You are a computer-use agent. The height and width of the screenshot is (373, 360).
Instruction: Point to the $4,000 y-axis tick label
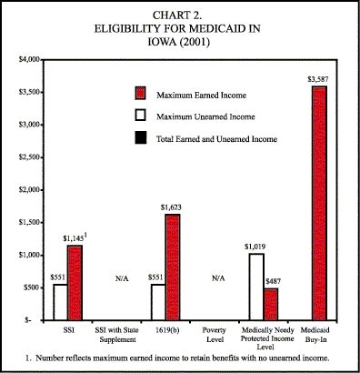[33, 59]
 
